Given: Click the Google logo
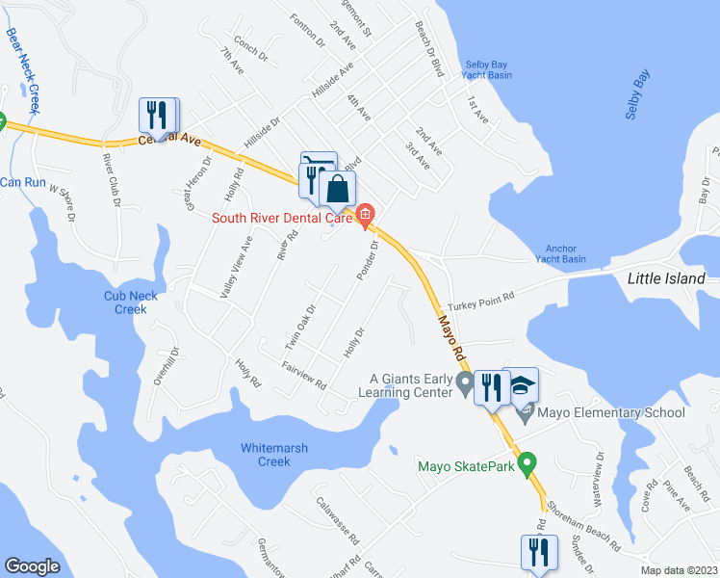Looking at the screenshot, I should tap(32, 566).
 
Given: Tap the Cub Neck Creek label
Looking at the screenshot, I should tap(125, 302).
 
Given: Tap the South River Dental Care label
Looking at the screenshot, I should tap(281, 217).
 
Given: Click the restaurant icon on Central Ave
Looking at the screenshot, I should tap(156, 115).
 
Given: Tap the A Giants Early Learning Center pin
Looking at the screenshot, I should tap(466, 385).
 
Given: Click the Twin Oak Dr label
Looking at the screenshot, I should tap(299, 327).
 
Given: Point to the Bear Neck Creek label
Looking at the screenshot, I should tap(23, 67).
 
